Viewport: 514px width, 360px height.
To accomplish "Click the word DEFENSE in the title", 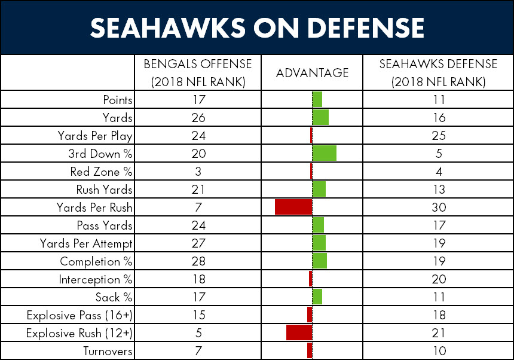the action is pyautogui.click(x=366, y=28).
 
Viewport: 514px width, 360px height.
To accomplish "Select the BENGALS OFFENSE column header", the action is pyautogui.click(x=198, y=73).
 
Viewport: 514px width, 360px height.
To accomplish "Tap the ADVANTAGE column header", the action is pyautogui.click(x=312, y=73).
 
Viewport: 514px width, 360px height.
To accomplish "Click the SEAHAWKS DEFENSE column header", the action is pyautogui.click(x=438, y=73).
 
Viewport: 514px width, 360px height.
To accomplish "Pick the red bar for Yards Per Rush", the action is pyautogui.click(x=293, y=207).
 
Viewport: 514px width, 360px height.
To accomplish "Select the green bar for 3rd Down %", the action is pyautogui.click(x=324, y=153).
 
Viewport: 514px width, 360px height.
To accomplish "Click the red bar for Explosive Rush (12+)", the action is pyautogui.click(x=299, y=332).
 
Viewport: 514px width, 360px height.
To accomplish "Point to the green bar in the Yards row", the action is pyautogui.click(x=320, y=117).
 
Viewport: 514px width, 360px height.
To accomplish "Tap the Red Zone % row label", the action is pyautogui.click(x=101, y=172).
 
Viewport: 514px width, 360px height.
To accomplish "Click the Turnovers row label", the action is pyautogui.click(x=108, y=351).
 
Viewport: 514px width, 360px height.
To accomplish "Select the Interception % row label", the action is pyautogui.click(x=96, y=279).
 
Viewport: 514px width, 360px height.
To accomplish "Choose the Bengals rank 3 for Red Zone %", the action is pyautogui.click(x=198, y=172).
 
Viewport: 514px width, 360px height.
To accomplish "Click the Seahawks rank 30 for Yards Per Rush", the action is pyautogui.click(x=439, y=208).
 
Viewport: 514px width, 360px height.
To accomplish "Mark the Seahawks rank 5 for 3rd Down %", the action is pyautogui.click(x=439, y=154).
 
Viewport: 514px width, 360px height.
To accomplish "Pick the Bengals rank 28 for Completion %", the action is pyautogui.click(x=198, y=261).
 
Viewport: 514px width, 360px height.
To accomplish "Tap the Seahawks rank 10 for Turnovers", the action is pyautogui.click(x=439, y=351).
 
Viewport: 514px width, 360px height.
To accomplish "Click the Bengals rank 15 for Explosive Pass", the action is pyautogui.click(x=198, y=315).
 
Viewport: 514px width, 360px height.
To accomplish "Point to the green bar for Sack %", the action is pyautogui.click(x=317, y=297).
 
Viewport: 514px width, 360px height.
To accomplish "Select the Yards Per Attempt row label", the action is pyautogui.click(x=86, y=243).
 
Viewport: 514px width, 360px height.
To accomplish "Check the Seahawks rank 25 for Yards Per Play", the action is pyautogui.click(x=439, y=135).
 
